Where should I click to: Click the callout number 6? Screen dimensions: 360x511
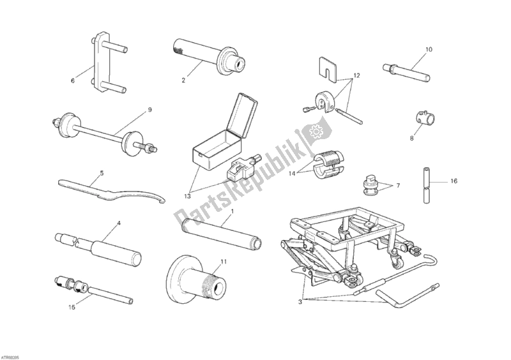tap(73, 81)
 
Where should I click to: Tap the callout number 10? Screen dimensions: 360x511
tap(428, 49)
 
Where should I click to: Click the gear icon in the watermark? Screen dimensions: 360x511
tap(314, 133)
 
